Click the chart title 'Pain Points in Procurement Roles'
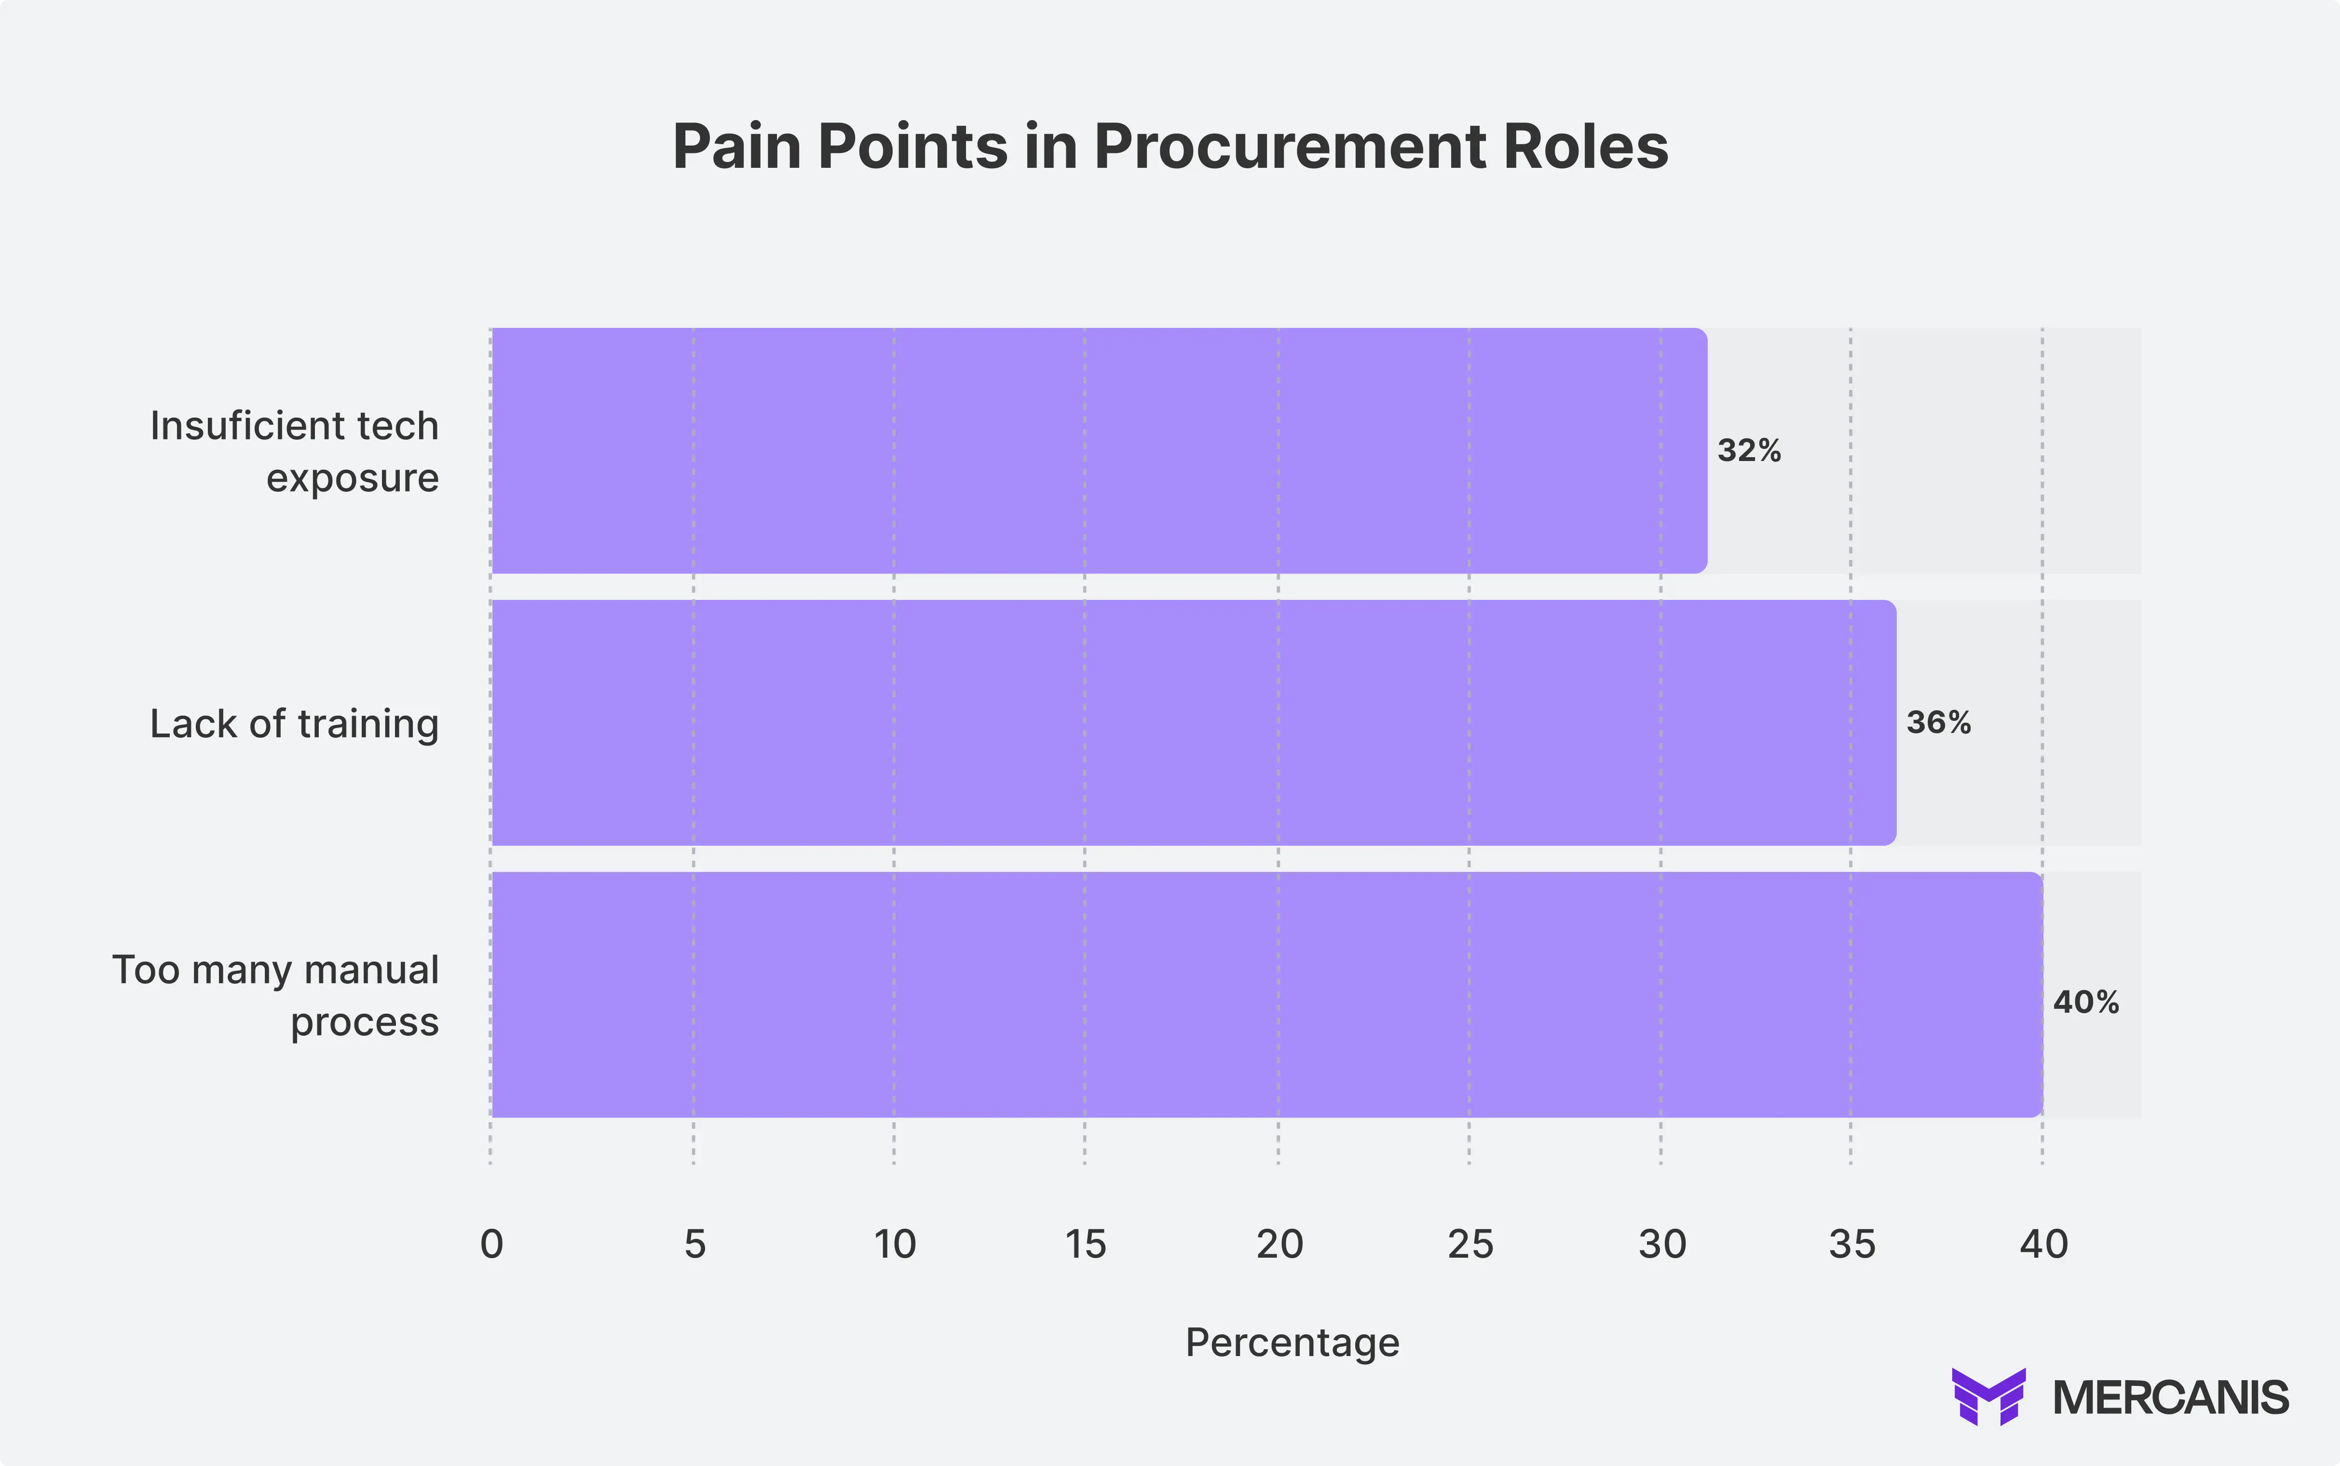click(1170, 148)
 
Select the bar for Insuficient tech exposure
click(1098, 451)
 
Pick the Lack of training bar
click(1192, 722)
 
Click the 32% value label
click(1749, 451)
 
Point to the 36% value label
click(1938, 722)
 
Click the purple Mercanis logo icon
click(1988, 1396)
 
